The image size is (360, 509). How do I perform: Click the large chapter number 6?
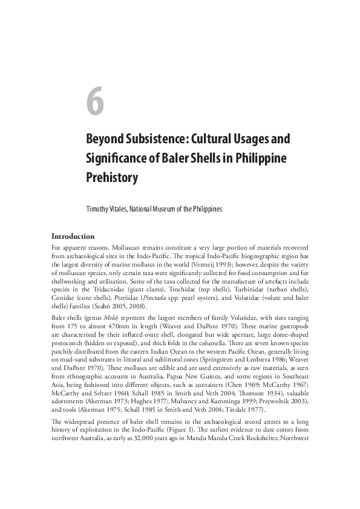click(94, 102)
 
